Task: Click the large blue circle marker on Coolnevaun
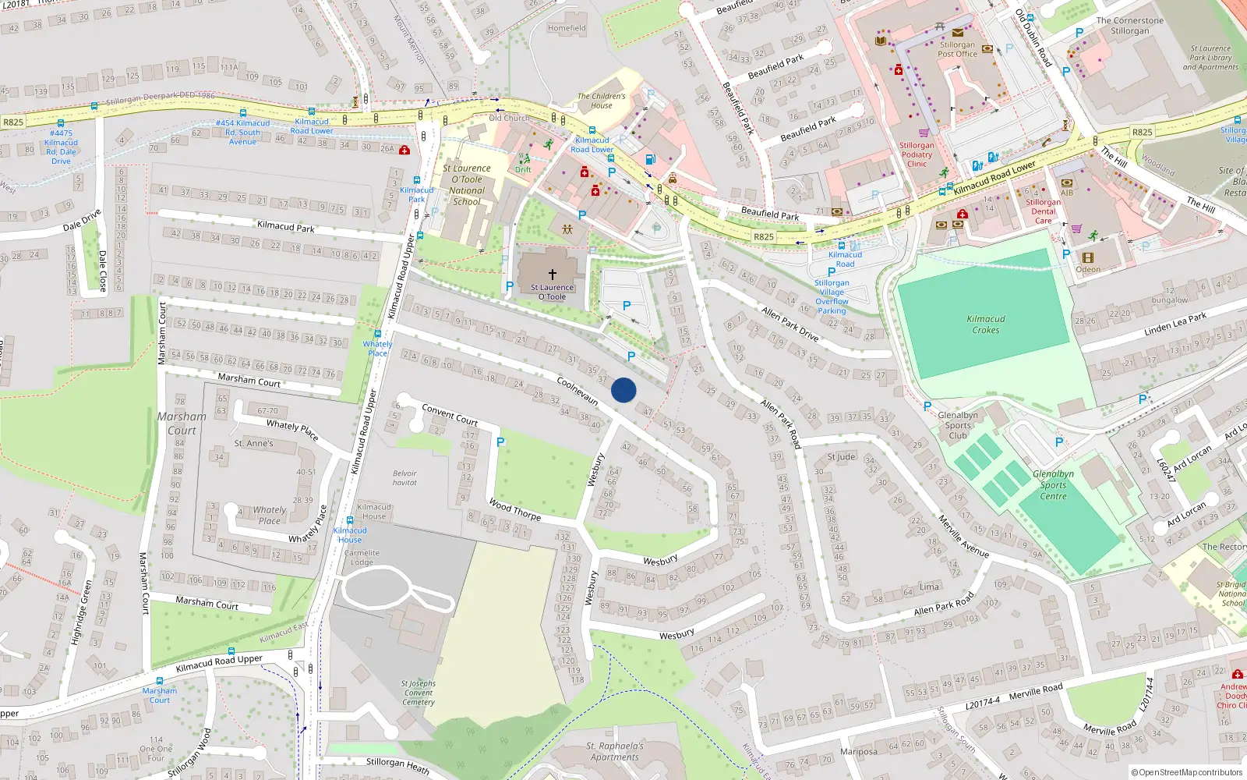click(x=623, y=390)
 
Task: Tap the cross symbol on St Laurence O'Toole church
click(x=553, y=275)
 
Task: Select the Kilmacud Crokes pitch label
click(x=986, y=324)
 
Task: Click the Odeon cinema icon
click(x=1088, y=257)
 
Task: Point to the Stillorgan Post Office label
click(x=957, y=49)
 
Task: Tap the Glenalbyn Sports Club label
click(x=958, y=425)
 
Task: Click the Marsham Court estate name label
click(x=182, y=424)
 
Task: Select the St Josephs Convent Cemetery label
click(x=419, y=693)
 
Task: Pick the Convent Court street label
click(x=450, y=414)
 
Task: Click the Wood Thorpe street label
click(x=514, y=510)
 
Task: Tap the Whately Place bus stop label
click(x=377, y=349)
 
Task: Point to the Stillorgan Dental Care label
click(x=1043, y=211)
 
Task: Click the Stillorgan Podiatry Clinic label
click(x=917, y=154)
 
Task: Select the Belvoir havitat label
click(x=404, y=478)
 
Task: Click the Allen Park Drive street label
click(x=790, y=324)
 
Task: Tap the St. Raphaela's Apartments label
click(x=614, y=751)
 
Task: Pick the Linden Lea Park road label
click(x=1175, y=324)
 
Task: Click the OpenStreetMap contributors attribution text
click(x=1186, y=772)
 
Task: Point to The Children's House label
click(x=601, y=101)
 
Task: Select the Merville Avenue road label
click(x=963, y=537)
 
